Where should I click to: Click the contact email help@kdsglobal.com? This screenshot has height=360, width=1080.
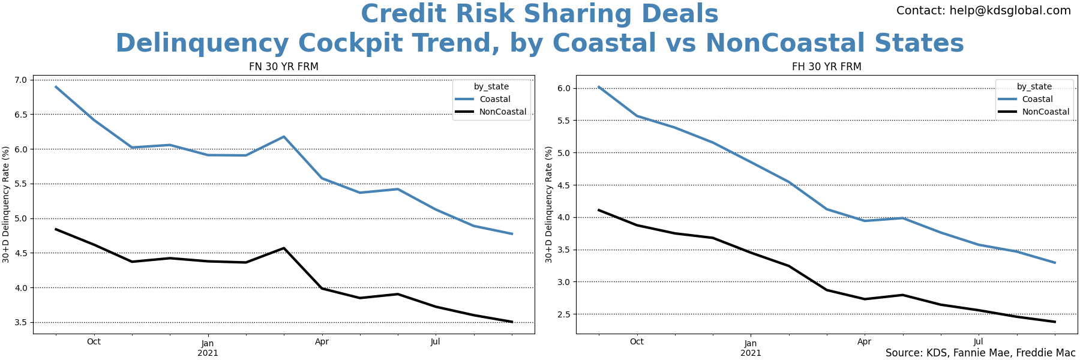(983, 11)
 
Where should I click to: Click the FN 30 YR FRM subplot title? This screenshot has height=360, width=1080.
(283, 67)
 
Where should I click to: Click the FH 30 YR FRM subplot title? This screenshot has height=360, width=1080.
(826, 67)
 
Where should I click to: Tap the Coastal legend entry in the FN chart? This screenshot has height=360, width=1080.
(494, 99)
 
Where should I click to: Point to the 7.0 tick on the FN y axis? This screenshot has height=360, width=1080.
(20, 80)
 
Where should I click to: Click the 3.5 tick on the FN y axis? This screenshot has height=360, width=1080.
(20, 322)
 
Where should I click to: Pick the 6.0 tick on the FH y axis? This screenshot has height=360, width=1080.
(563, 88)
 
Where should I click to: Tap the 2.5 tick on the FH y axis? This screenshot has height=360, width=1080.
(563, 314)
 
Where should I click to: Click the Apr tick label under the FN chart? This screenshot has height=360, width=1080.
(322, 342)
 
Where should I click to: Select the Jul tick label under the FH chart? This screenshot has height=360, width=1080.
(978, 342)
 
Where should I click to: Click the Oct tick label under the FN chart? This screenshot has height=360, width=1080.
(94, 342)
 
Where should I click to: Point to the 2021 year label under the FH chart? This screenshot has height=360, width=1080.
(751, 353)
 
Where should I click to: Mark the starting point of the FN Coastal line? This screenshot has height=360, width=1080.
(56, 86)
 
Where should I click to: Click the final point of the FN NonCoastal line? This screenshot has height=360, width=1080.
(512, 322)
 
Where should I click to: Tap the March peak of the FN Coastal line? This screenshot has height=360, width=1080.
(284, 137)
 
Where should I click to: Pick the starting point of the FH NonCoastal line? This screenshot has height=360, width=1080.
(599, 210)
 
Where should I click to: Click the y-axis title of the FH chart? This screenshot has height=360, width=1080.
(549, 204)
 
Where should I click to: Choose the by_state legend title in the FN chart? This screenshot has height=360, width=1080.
(491, 86)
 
